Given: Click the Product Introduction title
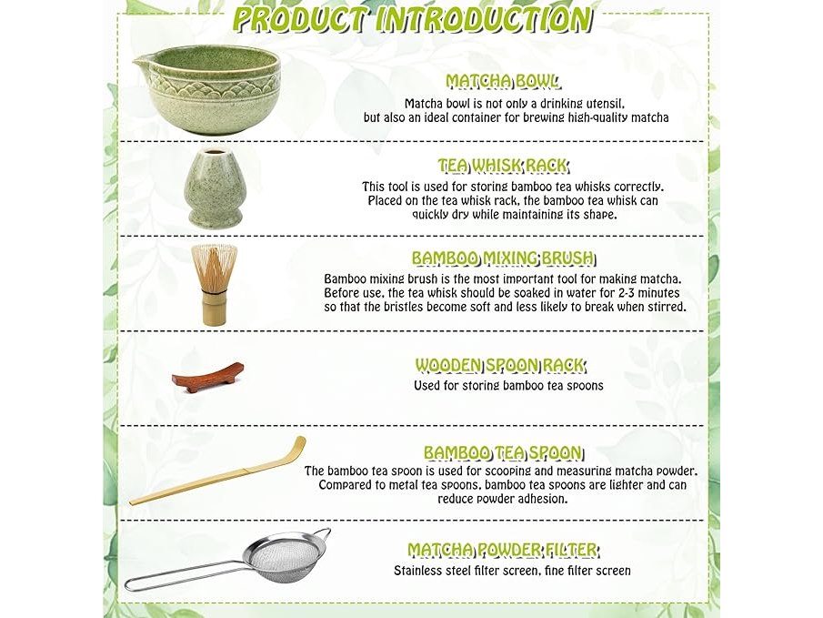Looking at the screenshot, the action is pos(412,20).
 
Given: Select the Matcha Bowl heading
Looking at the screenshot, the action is pos(502,81).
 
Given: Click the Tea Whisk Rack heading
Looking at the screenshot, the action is pos(503,166).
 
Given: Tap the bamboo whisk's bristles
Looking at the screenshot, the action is pos(213,268).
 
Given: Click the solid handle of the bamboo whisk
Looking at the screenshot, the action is pos(214,309).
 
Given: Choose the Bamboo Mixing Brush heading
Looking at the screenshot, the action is pos(503,258).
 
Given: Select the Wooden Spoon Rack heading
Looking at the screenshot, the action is pos(500,365).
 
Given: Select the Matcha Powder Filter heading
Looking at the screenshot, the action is pos(503,550).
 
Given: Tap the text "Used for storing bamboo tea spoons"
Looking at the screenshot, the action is pos(508,386).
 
